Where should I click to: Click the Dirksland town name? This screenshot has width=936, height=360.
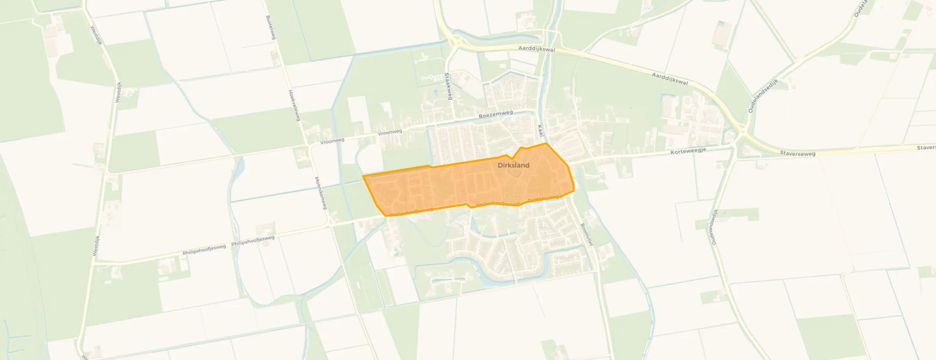tap(513, 165)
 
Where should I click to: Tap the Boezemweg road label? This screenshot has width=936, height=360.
tap(496, 114)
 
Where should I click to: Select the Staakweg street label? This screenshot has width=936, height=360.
tap(448, 86)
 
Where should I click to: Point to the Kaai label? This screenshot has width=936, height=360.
tap(540, 131)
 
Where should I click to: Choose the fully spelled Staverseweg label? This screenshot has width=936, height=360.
tap(797, 153)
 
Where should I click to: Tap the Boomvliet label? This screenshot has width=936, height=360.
tap(587, 234)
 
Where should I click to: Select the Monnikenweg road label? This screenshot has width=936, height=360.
tap(320, 193)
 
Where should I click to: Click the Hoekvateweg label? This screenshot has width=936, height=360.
tap(294, 105)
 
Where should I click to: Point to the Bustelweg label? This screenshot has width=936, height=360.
tap(271, 27)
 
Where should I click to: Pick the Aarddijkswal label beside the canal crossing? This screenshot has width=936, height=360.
tap(536, 49)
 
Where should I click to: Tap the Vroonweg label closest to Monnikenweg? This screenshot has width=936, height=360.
tap(332, 141)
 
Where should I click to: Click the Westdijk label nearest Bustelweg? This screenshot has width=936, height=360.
tap(96, 35)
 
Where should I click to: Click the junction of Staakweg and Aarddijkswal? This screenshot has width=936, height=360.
tap(454, 43)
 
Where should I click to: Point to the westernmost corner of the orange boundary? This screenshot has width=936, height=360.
tap(364, 176)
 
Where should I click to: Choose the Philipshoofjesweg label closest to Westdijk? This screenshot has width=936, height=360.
tap(204, 250)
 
